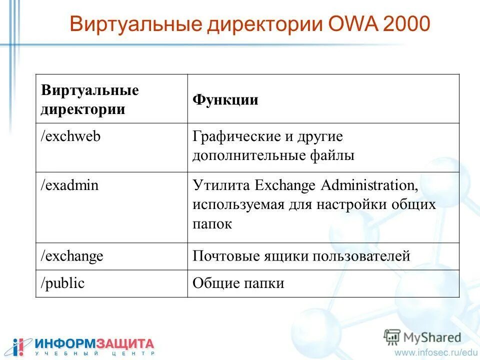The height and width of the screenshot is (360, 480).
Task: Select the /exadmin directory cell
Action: click(x=69, y=185)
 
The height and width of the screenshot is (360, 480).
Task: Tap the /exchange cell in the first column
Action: click(x=72, y=256)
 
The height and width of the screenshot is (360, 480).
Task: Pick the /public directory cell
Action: click(x=62, y=283)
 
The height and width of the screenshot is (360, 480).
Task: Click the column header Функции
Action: click(x=225, y=99)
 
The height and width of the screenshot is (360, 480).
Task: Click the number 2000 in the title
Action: click(x=405, y=24)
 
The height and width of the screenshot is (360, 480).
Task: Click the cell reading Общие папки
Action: click(x=238, y=283)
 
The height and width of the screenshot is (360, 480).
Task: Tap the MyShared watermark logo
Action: click(x=422, y=337)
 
